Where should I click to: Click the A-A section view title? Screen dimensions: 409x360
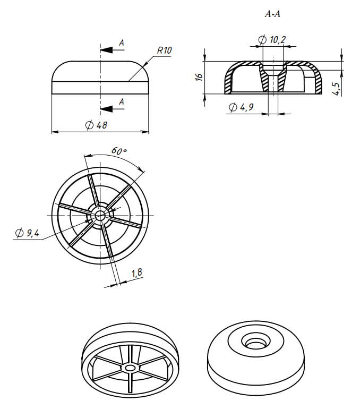pyautogui.click(x=272, y=15)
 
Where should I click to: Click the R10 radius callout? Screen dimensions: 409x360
pyautogui.click(x=165, y=50)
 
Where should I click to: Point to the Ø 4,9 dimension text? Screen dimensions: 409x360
pyautogui.click(x=241, y=107)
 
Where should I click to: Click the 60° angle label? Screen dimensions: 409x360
pyautogui.click(x=119, y=150)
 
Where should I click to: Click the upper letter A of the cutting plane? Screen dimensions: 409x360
pyautogui.click(x=122, y=42)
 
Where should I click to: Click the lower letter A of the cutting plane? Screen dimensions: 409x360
pyautogui.click(x=122, y=101)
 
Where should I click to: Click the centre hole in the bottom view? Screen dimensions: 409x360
pyautogui.click(x=100, y=215)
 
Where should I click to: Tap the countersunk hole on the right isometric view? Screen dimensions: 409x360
pyautogui.click(x=253, y=342)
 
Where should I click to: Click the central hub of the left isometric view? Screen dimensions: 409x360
pyautogui.click(x=130, y=368)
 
